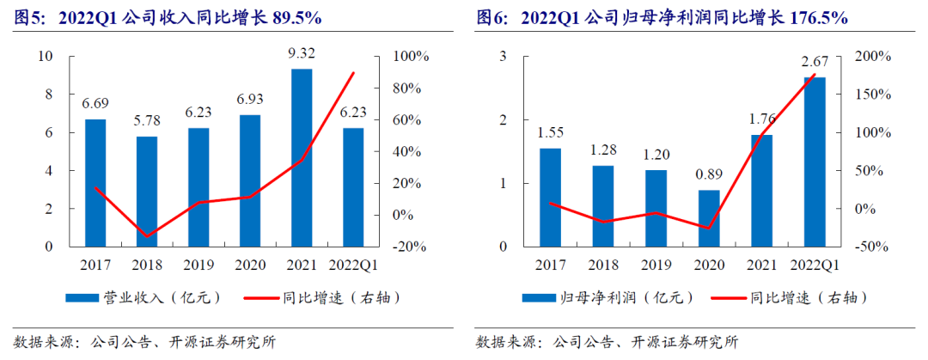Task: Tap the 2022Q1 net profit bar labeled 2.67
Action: point(814,162)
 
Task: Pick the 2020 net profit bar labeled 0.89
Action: point(709,218)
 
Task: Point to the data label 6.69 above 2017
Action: point(95,104)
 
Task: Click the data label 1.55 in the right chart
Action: point(551,133)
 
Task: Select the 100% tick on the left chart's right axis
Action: point(411,57)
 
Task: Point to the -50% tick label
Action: point(873,247)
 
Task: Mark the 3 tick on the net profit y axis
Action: point(504,57)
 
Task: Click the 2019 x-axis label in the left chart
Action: point(198,265)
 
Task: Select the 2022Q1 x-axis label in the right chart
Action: point(814,265)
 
